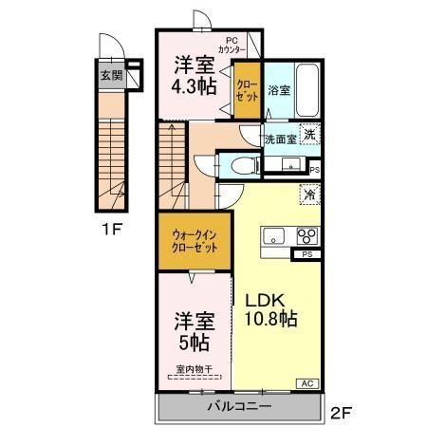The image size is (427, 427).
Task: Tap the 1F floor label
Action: pyautogui.click(x=113, y=229)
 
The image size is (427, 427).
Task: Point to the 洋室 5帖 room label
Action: pyautogui.click(x=193, y=329)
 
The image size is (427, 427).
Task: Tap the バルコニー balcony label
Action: pyautogui.click(x=240, y=406)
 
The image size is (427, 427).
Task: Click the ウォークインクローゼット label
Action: pyautogui.click(x=195, y=241)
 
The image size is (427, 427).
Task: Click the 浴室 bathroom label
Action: pyautogui.click(x=278, y=92)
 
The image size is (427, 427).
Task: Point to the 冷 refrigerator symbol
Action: pyautogui.click(x=309, y=192)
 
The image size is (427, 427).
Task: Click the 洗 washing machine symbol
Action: pyautogui.click(x=309, y=134)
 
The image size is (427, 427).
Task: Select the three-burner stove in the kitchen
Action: pyautogui.click(x=306, y=237)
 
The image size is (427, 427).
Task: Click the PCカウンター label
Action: pyautogui.click(x=232, y=44)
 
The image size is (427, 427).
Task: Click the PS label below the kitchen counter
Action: pyautogui.click(x=306, y=254)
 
